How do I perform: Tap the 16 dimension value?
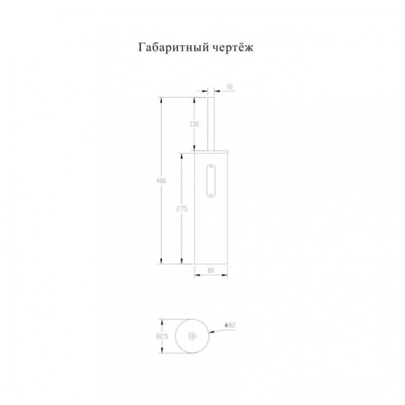point(230,87)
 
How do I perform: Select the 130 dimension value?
point(194,124)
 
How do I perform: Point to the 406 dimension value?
point(161,181)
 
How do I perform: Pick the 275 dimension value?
point(182,209)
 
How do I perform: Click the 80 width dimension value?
point(211,271)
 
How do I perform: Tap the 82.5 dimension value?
point(162,336)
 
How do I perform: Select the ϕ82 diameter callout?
point(230,325)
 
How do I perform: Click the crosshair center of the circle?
point(192,336)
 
